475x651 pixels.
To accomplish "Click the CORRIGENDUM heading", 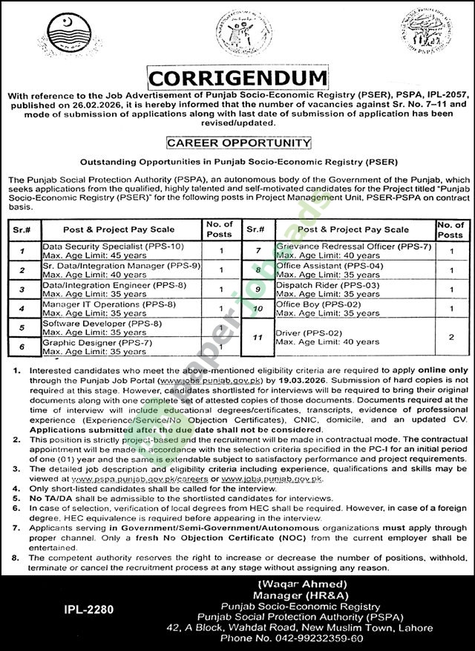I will pos(237,78).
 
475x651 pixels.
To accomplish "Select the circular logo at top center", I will pos(234,37).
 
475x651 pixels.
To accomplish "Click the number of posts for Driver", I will pos(451,336).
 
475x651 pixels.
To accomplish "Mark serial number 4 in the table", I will pos(23,308).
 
